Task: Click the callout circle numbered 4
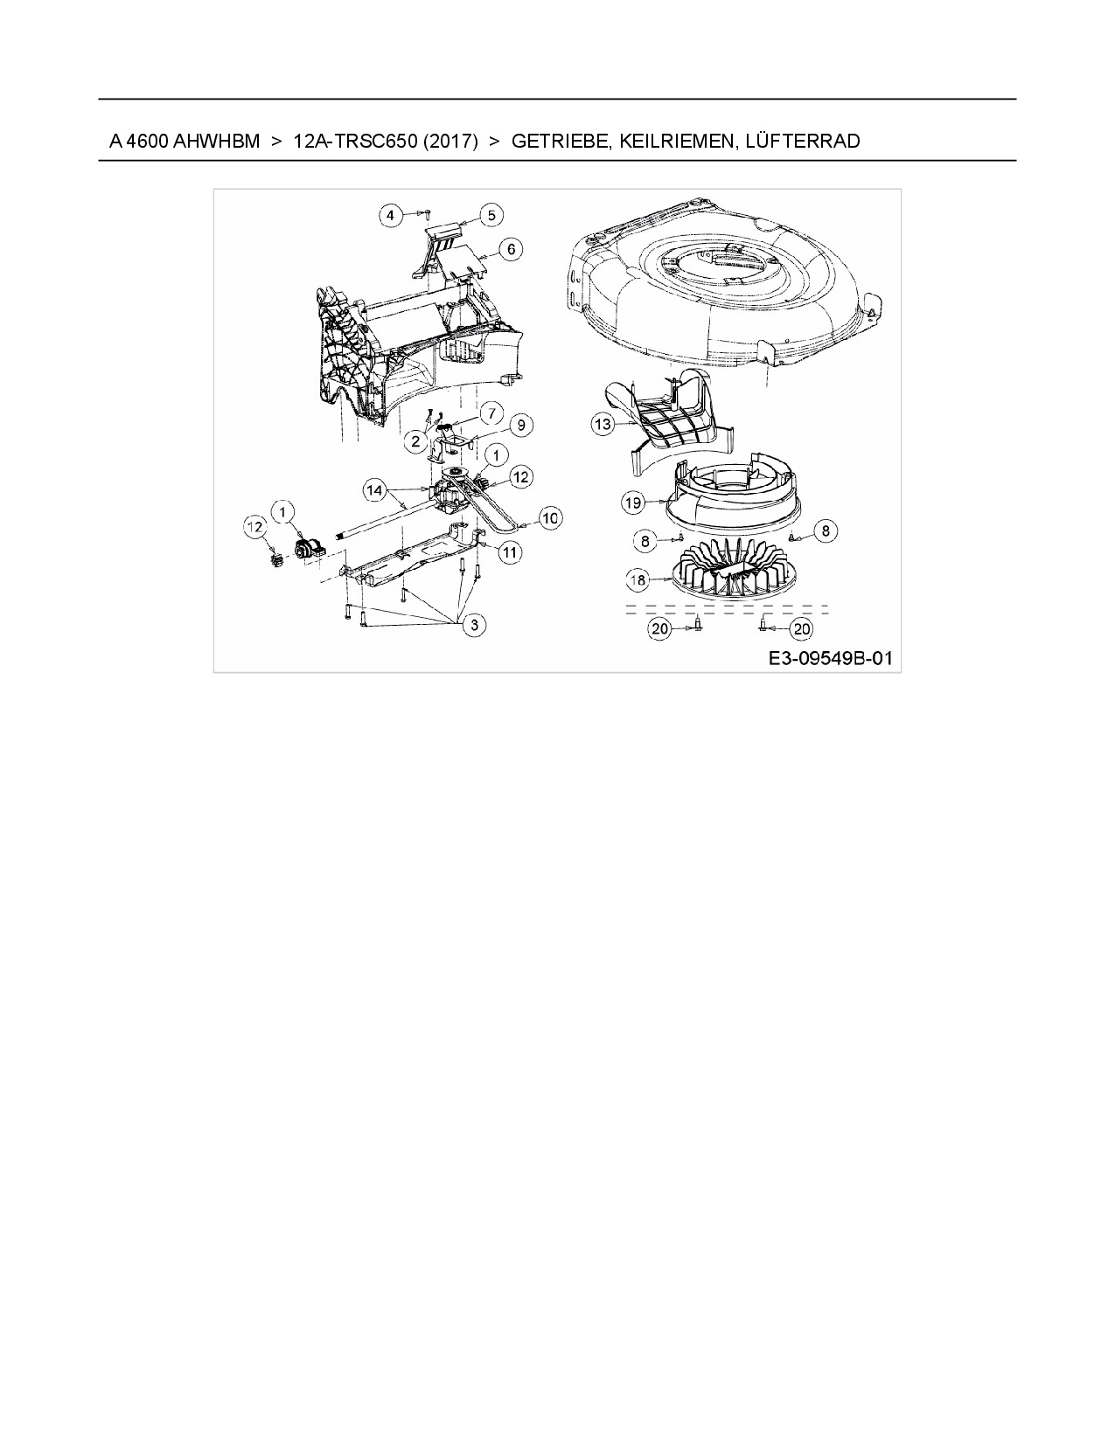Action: (x=391, y=215)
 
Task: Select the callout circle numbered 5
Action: (x=491, y=215)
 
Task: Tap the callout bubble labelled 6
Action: (x=511, y=250)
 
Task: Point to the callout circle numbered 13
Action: (x=603, y=424)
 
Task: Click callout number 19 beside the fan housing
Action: (x=633, y=503)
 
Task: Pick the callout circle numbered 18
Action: (x=638, y=580)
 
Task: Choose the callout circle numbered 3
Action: (x=474, y=625)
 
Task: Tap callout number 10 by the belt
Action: (x=551, y=517)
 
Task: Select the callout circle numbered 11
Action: (x=510, y=552)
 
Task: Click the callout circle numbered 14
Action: (x=374, y=490)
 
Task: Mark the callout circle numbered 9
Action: (x=520, y=425)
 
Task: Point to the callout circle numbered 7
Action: (x=491, y=412)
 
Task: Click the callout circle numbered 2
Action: (x=415, y=440)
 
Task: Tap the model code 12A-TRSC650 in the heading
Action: (x=355, y=141)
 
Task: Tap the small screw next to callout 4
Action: (x=426, y=213)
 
